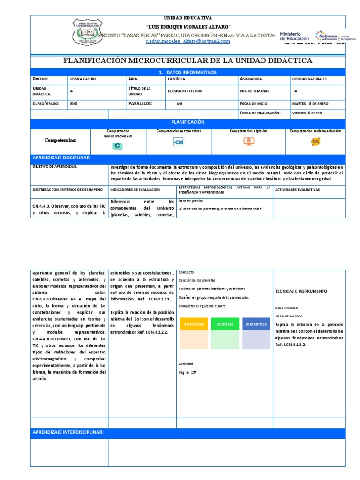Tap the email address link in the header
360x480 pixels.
coord(187,41)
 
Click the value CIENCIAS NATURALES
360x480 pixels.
coord(309,79)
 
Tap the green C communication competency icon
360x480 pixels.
coord(117,146)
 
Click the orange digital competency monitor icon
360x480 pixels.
coord(248,142)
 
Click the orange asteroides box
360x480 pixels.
coord(194,324)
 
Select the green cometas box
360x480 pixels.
coord(225,324)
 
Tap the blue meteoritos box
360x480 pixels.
coord(256,324)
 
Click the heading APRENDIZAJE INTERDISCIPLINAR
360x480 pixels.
coord(67,432)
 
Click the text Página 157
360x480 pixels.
coord(187,372)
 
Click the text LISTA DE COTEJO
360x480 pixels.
coord(286,316)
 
